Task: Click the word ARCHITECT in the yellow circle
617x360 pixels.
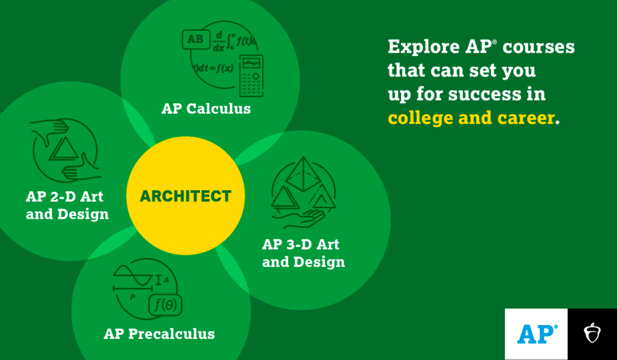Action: [x=185, y=196]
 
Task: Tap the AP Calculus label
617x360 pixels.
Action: [x=206, y=109]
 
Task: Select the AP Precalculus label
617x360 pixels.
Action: [x=159, y=334]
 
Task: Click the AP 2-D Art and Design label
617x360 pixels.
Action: [x=67, y=205]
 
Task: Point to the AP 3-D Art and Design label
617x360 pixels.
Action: [x=303, y=253]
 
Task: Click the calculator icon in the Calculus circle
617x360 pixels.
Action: [x=251, y=76]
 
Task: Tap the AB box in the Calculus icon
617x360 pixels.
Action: [x=195, y=39]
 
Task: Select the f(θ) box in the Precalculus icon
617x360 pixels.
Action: [x=165, y=305]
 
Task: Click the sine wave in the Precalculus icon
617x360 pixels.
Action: [x=133, y=275]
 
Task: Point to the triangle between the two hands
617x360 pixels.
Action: [x=64, y=149]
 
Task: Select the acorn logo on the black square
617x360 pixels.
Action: [x=592, y=333]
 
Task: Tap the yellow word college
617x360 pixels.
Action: [x=420, y=118]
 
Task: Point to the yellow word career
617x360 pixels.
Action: [x=526, y=118]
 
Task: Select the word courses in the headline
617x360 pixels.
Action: [x=539, y=47]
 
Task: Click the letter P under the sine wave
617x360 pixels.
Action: [x=133, y=297]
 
